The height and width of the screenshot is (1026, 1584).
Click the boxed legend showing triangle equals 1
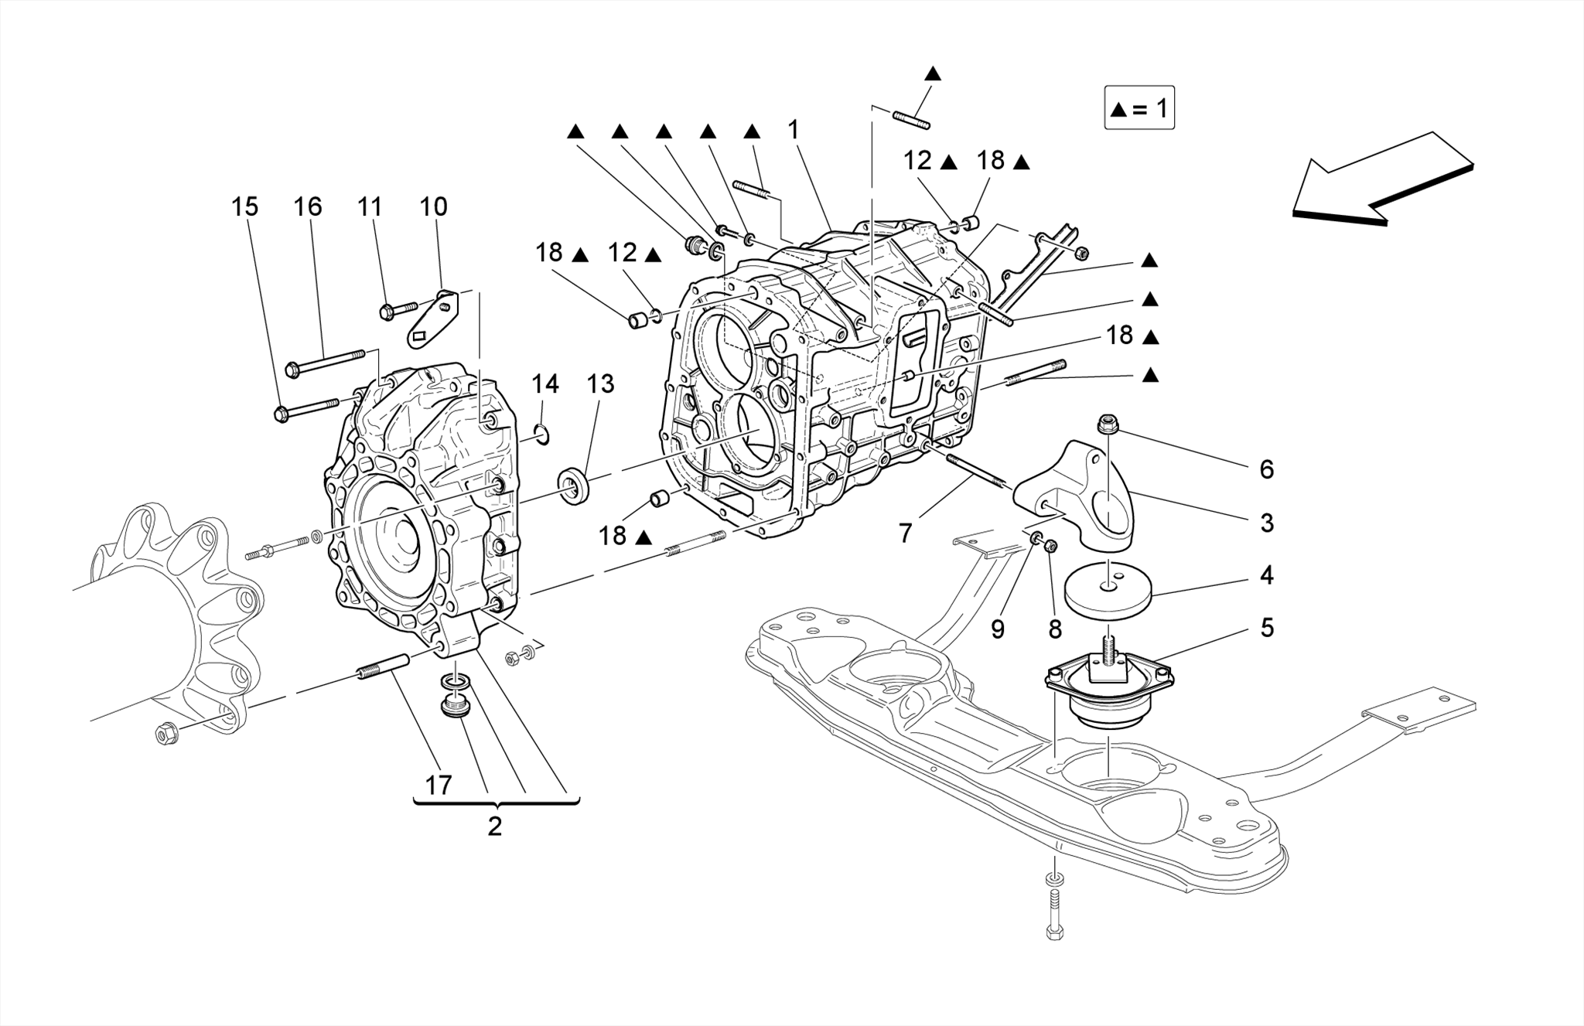pyautogui.click(x=1139, y=108)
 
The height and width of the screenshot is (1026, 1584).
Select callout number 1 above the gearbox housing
pyautogui.click(x=793, y=130)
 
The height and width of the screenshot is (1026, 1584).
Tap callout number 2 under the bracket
pyautogui.click(x=495, y=827)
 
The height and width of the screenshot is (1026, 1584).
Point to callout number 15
pyautogui.click(x=244, y=206)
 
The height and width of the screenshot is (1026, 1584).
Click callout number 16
pyautogui.click(x=307, y=206)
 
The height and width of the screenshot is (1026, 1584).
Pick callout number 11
pyautogui.click(x=370, y=206)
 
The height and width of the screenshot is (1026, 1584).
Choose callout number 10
pyautogui.click(x=433, y=206)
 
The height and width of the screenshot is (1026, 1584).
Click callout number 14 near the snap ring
pyautogui.click(x=544, y=384)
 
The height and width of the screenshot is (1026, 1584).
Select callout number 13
pyautogui.click(x=600, y=384)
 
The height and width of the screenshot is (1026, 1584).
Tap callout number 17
pyautogui.click(x=439, y=786)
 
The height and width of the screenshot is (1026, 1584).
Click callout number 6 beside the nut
pyautogui.click(x=1266, y=469)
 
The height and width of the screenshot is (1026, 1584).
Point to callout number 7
pyautogui.click(x=906, y=533)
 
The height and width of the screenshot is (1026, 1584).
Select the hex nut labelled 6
pyautogui.click(x=1106, y=424)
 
